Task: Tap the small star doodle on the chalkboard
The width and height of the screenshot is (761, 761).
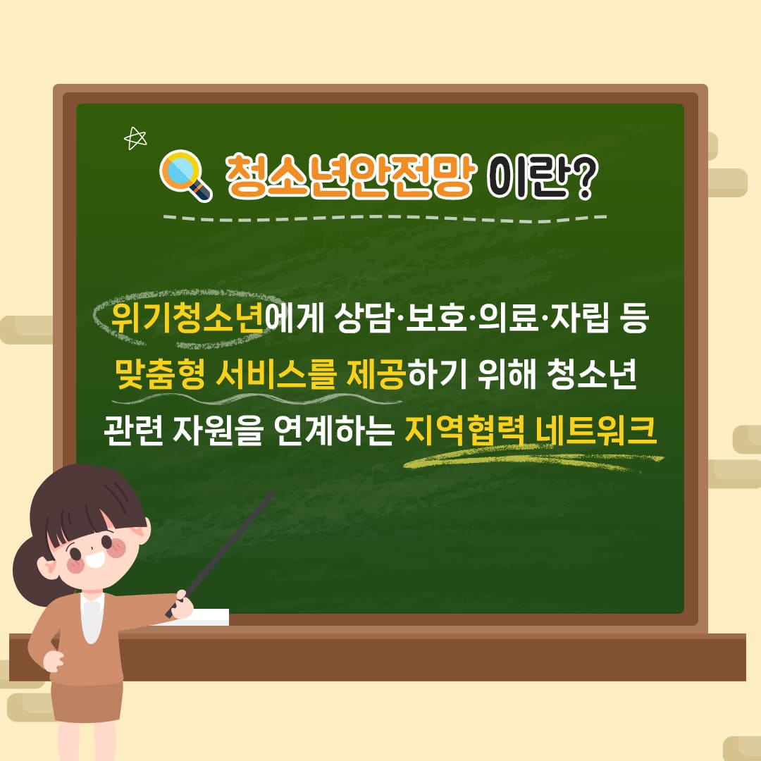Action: tap(135, 138)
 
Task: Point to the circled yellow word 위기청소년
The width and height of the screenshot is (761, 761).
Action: tap(187, 319)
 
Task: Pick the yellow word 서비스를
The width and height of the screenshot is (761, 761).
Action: tap(276, 375)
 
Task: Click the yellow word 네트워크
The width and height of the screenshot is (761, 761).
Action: tap(597, 431)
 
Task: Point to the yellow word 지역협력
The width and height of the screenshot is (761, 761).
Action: tap(464, 431)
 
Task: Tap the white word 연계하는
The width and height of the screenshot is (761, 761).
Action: tap(333, 431)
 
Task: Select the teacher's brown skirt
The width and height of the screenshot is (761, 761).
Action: tap(88, 701)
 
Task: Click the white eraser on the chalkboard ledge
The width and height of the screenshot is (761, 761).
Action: tap(204, 617)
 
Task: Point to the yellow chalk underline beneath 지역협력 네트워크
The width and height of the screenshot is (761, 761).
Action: tap(533, 459)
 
